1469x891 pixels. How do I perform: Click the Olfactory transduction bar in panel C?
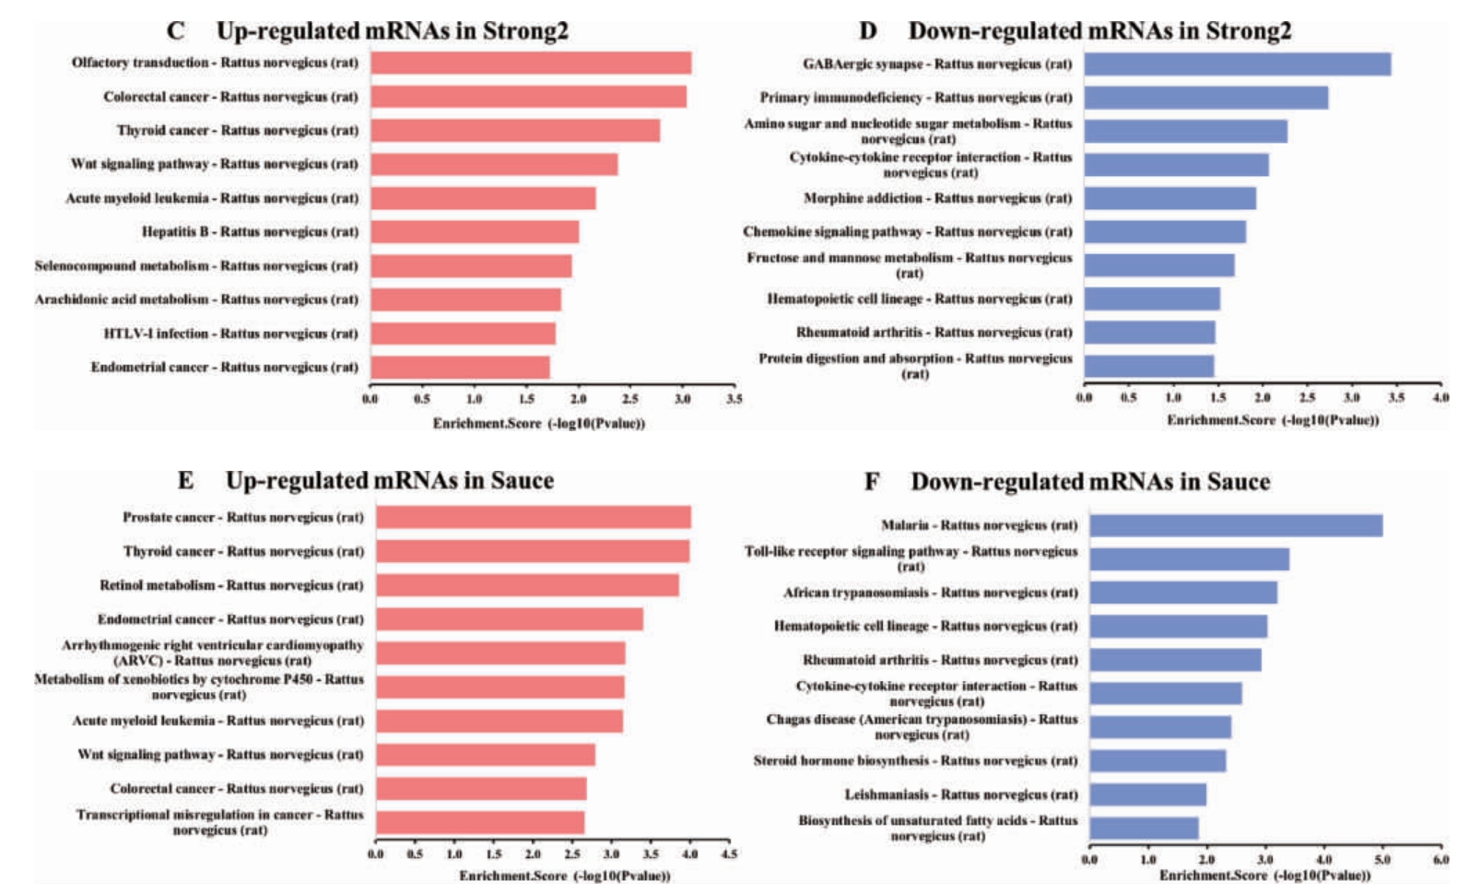coord(531,63)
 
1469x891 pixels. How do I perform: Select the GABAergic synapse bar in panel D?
coord(1237,64)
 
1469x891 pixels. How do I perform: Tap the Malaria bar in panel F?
coord(1235,525)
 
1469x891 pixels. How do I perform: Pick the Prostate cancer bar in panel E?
coord(534,517)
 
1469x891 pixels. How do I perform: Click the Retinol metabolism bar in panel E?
coord(527,585)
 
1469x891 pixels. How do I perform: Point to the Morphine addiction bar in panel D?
coord(1169,198)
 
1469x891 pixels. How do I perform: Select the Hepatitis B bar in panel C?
coord(475,231)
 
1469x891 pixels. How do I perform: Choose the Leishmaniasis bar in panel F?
coord(1147,794)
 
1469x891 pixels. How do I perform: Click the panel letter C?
coord(175,31)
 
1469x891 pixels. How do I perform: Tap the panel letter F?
coord(872,482)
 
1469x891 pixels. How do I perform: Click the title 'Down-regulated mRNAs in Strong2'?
coord(1099,31)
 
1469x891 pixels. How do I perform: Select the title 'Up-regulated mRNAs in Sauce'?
coord(390,481)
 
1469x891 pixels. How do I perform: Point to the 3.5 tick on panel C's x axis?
coord(734,399)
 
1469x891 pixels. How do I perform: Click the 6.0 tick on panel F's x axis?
coord(1440,859)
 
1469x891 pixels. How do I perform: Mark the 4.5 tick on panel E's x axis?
coord(729,854)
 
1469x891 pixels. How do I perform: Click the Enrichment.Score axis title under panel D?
coord(1273,420)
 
